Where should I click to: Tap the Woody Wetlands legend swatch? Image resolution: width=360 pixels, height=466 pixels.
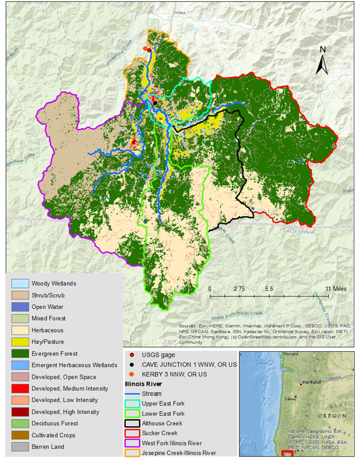pyautogui.click(x=20, y=284)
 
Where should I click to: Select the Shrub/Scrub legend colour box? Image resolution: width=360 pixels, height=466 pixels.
pyautogui.click(x=20, y=295)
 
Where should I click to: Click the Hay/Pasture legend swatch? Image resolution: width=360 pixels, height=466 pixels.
pyautogui.click(x=20, y=342)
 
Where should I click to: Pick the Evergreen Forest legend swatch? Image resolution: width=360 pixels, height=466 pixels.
pyautogui.click(x=20, y=354)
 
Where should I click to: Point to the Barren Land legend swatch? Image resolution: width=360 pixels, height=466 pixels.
pyautogui.click(x=20, y=446)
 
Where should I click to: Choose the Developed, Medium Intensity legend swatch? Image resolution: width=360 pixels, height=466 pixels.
pyautogui.click(x=20, y=388)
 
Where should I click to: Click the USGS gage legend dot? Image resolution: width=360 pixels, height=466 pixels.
pyautogui.click(x=133, y=354)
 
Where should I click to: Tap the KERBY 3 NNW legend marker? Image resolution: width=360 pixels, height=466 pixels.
pyautogui.click(x=133, y=374)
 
